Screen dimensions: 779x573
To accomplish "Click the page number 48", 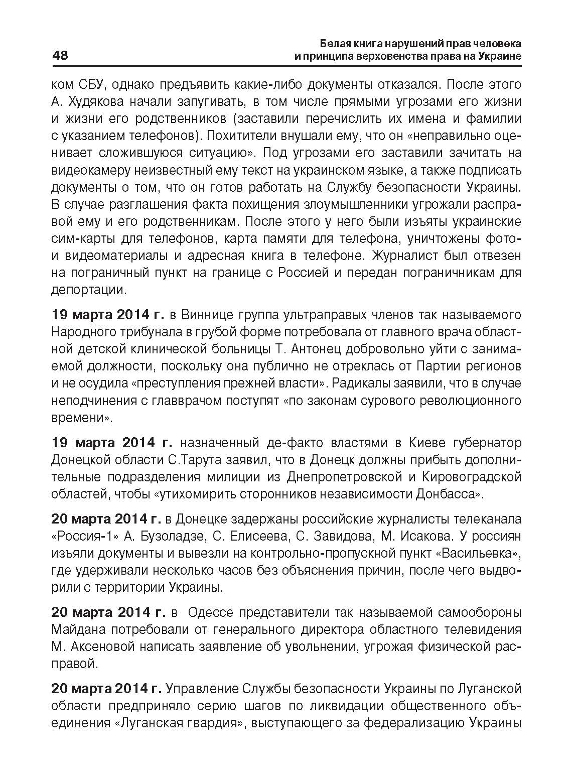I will coord(60,55).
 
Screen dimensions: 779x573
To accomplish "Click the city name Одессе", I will coord(207,612).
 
